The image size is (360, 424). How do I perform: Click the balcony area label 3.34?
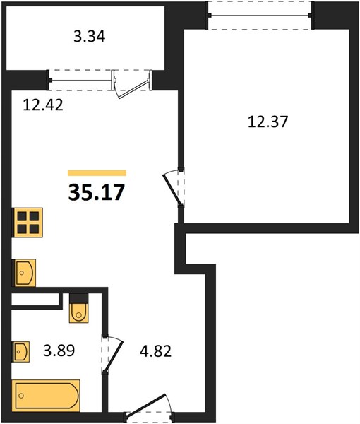(x=89, y=37)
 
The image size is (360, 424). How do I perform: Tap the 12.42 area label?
(x=43, y=105)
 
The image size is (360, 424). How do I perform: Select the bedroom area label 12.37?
(x=268, y=122)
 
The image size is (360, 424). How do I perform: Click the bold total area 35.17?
(x=97, y=192)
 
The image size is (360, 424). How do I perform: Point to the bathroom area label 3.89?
(x=59, y=351)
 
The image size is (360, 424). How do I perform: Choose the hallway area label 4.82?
(x=155, y=351)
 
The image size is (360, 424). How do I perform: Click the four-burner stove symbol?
(x=28, y=223)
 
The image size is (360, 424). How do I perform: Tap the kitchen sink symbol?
(x=24, y=273)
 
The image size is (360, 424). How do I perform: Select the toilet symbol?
(x=79, y=313)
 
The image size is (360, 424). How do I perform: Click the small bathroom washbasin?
(x=20, y=351)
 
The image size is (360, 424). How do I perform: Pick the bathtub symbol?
(x=46, y=395)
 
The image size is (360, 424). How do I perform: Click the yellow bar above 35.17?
(x=97, y=173)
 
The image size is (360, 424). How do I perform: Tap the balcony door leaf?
(x=134, y=89)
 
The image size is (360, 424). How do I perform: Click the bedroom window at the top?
(x=260, y=16)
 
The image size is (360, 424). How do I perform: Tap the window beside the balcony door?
(x=81, y=81)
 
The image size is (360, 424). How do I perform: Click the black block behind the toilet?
(x=79, y=298)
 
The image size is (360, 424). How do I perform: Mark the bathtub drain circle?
(x=21, y=396)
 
